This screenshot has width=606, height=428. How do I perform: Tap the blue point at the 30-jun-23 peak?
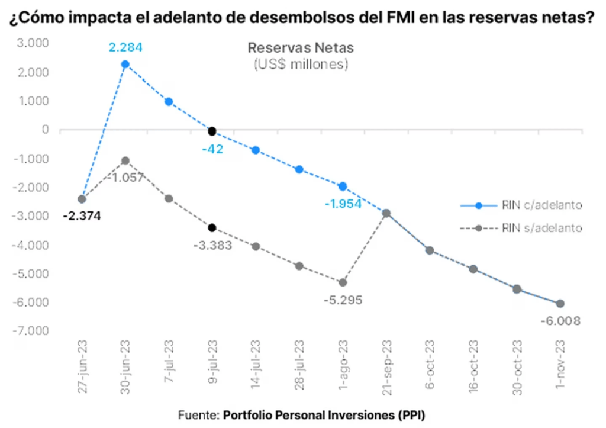click(125, 64)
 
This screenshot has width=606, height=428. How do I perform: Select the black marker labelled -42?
click(212, 131)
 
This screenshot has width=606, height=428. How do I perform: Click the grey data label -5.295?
click(343, 300)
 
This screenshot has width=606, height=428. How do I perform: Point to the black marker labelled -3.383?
click(212, 227)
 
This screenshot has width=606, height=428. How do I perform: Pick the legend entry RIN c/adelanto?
click(521, 205)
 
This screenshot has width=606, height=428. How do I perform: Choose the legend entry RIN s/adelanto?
click(521, 227)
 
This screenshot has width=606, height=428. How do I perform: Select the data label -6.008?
click(560, 321)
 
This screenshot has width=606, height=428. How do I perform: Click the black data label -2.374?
click(82, 216)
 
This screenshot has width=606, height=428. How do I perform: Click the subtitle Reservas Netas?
click(300, 48)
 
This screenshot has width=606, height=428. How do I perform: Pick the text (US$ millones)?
click(300, 64)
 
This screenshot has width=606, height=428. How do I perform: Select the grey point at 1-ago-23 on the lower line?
click(343, 282)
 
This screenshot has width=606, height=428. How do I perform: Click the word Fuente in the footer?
click(198, 413)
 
